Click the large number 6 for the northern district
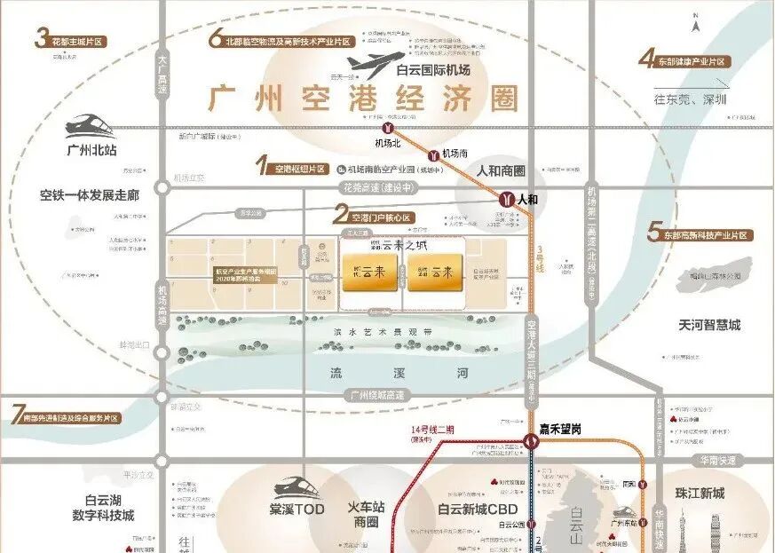[215, 38]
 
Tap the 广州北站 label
[91, 150]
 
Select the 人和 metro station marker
[507, 200]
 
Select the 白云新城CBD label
[477, 510]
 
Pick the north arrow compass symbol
[698, 20]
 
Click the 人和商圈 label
[501, 170]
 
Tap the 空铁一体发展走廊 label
[89, 194]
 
